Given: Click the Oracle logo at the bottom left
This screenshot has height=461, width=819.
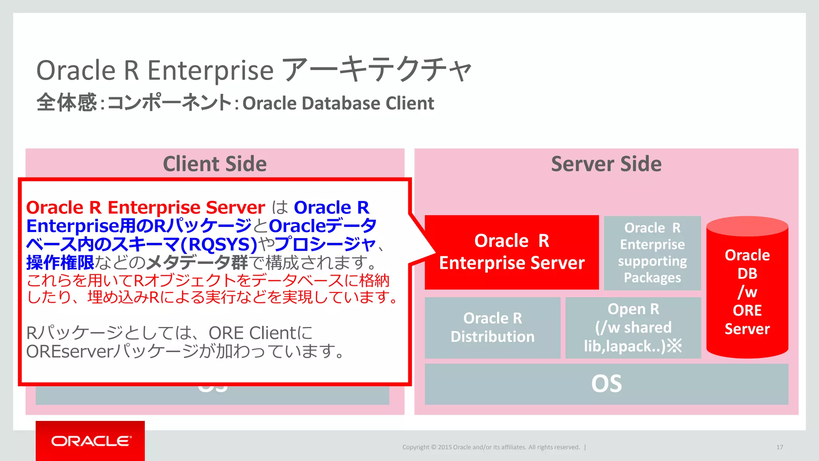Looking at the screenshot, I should tap(90, 441).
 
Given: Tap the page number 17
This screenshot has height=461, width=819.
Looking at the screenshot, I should tap(779, 447).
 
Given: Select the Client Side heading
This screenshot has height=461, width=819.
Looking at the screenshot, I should tap(215, 164).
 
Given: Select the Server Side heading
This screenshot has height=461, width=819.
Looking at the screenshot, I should tap(606, 164).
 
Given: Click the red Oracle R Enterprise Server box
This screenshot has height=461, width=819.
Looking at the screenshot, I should tap(511, 252).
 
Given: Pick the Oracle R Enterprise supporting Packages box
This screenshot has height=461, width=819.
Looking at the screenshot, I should tap(652, 253).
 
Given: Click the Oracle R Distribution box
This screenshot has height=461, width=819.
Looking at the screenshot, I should tap(492, 328).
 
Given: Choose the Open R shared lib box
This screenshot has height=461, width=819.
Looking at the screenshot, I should tap(633, 328).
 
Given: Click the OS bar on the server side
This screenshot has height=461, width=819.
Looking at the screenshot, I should tap(606, 384).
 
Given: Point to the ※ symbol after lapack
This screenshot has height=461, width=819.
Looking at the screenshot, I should tap(675, 346).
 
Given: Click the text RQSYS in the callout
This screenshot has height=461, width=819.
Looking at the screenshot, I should tap(222, 244).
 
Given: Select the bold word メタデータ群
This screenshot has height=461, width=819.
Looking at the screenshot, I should tap(198, 263).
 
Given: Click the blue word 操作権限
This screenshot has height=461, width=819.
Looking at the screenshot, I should tap(60, 263).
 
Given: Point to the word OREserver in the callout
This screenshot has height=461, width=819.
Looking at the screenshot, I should tap(70, 351).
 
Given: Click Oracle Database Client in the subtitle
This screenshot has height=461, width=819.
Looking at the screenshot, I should tap(338, 103).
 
